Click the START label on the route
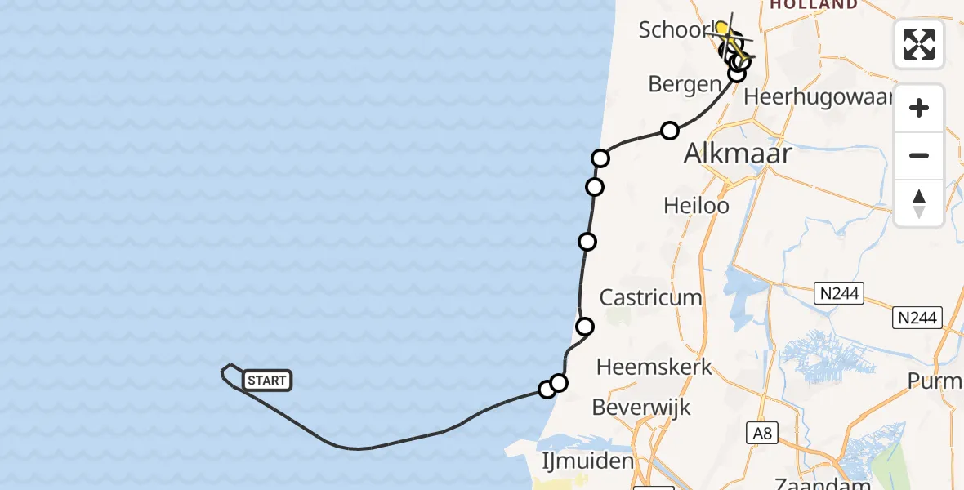267,381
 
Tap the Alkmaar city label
738,153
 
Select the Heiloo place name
696,205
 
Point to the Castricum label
651,297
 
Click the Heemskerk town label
654,367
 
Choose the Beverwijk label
641,407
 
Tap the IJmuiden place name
588,461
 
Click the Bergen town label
685,84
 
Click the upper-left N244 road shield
838,293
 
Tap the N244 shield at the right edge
917,318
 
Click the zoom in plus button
919,109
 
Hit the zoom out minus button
919,155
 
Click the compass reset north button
919,203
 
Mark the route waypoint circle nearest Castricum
585,327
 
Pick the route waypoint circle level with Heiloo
595,187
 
